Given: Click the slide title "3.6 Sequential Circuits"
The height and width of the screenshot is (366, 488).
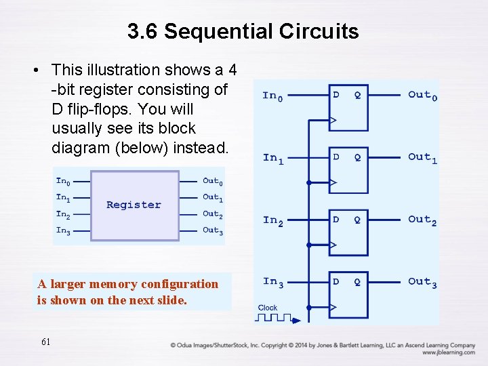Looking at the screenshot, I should [x=243, y=31].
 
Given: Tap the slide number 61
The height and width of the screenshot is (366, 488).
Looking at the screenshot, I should [x=45, y=342].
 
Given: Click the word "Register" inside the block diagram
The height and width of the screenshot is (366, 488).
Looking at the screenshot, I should [x=134, y=205].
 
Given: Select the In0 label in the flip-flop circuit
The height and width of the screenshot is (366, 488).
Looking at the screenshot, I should [x=272, y=96].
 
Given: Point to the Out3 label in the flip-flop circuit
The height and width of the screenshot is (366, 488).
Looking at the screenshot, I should [x=422, y=282].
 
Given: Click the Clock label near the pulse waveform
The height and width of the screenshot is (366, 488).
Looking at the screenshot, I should [x=268, y=308].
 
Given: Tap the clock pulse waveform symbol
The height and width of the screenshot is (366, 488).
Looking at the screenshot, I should [x=275, y=317].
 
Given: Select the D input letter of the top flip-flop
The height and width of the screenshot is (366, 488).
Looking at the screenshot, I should [x=336, y=95].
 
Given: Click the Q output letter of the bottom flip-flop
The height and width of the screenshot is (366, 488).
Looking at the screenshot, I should [x=357, y=281].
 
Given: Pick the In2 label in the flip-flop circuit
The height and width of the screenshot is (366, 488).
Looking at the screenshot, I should [x=272, y=220].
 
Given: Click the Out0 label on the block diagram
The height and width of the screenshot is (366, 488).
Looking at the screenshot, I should [x=211, y=181].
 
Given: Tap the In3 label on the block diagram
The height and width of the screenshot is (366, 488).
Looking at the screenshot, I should [x=63, y=230].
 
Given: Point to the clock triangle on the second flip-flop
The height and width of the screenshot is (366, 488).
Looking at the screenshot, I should [x=333, y=182].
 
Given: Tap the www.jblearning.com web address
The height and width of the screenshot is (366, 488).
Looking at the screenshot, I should [x=448, y=352].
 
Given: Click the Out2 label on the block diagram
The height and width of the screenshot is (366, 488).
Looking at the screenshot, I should [x=211, y=214].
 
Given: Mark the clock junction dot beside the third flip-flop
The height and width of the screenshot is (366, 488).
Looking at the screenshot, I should [x=308, y=245].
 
